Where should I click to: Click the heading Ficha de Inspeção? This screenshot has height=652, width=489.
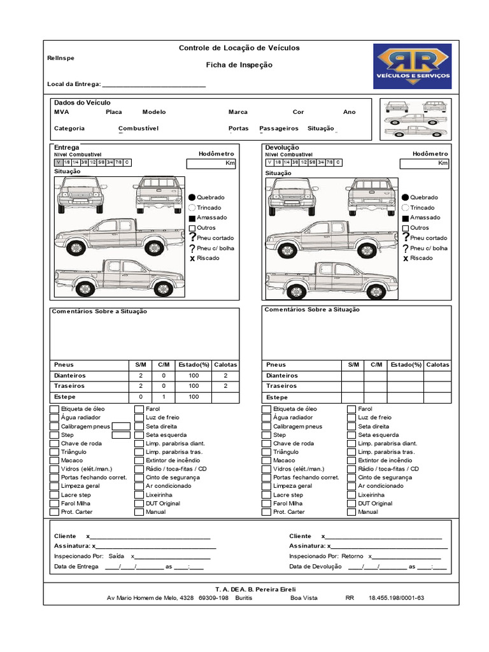click(x=239, y=65)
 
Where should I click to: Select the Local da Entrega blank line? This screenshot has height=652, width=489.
click(x=153, y=85)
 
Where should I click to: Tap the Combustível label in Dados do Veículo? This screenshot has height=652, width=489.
click(x=138, y=128)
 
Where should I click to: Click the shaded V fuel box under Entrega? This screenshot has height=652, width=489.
click(x=58, y=162)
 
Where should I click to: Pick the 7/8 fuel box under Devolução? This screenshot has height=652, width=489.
click(x=329, y=162)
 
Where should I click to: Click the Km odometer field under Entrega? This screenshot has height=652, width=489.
click(x=211, y=164)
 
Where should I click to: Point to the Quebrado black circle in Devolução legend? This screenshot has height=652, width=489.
click(x=405, y=197)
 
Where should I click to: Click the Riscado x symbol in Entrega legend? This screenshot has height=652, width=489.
click(x=192, y=259)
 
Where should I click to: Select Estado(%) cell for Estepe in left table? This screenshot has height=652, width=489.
click(x=194, y=397)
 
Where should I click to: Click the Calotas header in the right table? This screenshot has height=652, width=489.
click(x=437, y=365)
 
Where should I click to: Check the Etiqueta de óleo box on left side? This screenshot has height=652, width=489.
click(x=54, y=409)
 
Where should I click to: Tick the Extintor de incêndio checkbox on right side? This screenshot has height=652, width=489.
click(x=351, y=460)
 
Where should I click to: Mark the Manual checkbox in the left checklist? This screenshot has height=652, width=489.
click(x=139, y=512)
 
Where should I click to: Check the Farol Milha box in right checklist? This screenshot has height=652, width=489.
click(x=266, y=503)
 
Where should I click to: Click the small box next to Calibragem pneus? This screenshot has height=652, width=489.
click(x=121, y=427)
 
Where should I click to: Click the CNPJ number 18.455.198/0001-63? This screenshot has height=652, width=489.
click(x=396, y=598)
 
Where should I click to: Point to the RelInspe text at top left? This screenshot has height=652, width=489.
click(x=60, y=58)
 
